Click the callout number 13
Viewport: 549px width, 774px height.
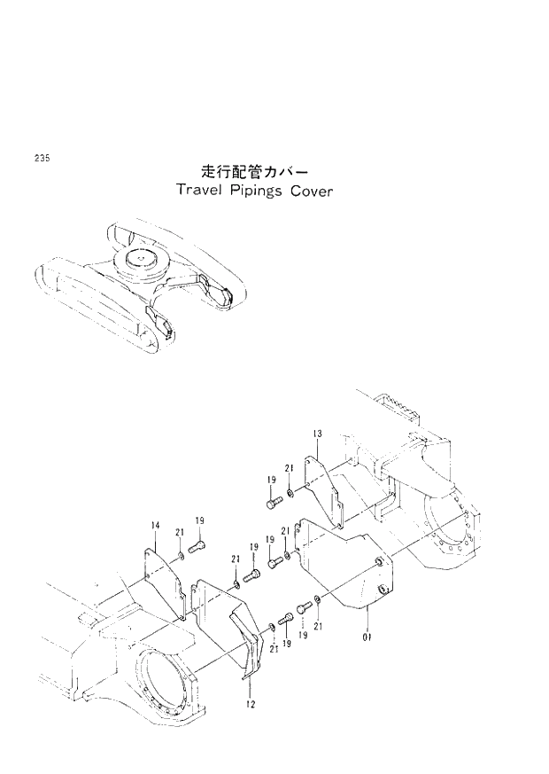[317, 433]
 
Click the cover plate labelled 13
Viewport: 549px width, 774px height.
[324, 487]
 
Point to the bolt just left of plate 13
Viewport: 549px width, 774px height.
[273, 503]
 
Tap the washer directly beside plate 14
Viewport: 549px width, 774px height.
[181, 556]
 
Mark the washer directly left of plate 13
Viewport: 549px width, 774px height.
[290, 492]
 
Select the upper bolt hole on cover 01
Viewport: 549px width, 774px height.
[379, 562]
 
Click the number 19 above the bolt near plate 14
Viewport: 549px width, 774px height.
[200, 520]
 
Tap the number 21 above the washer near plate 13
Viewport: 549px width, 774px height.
[289, 468]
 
